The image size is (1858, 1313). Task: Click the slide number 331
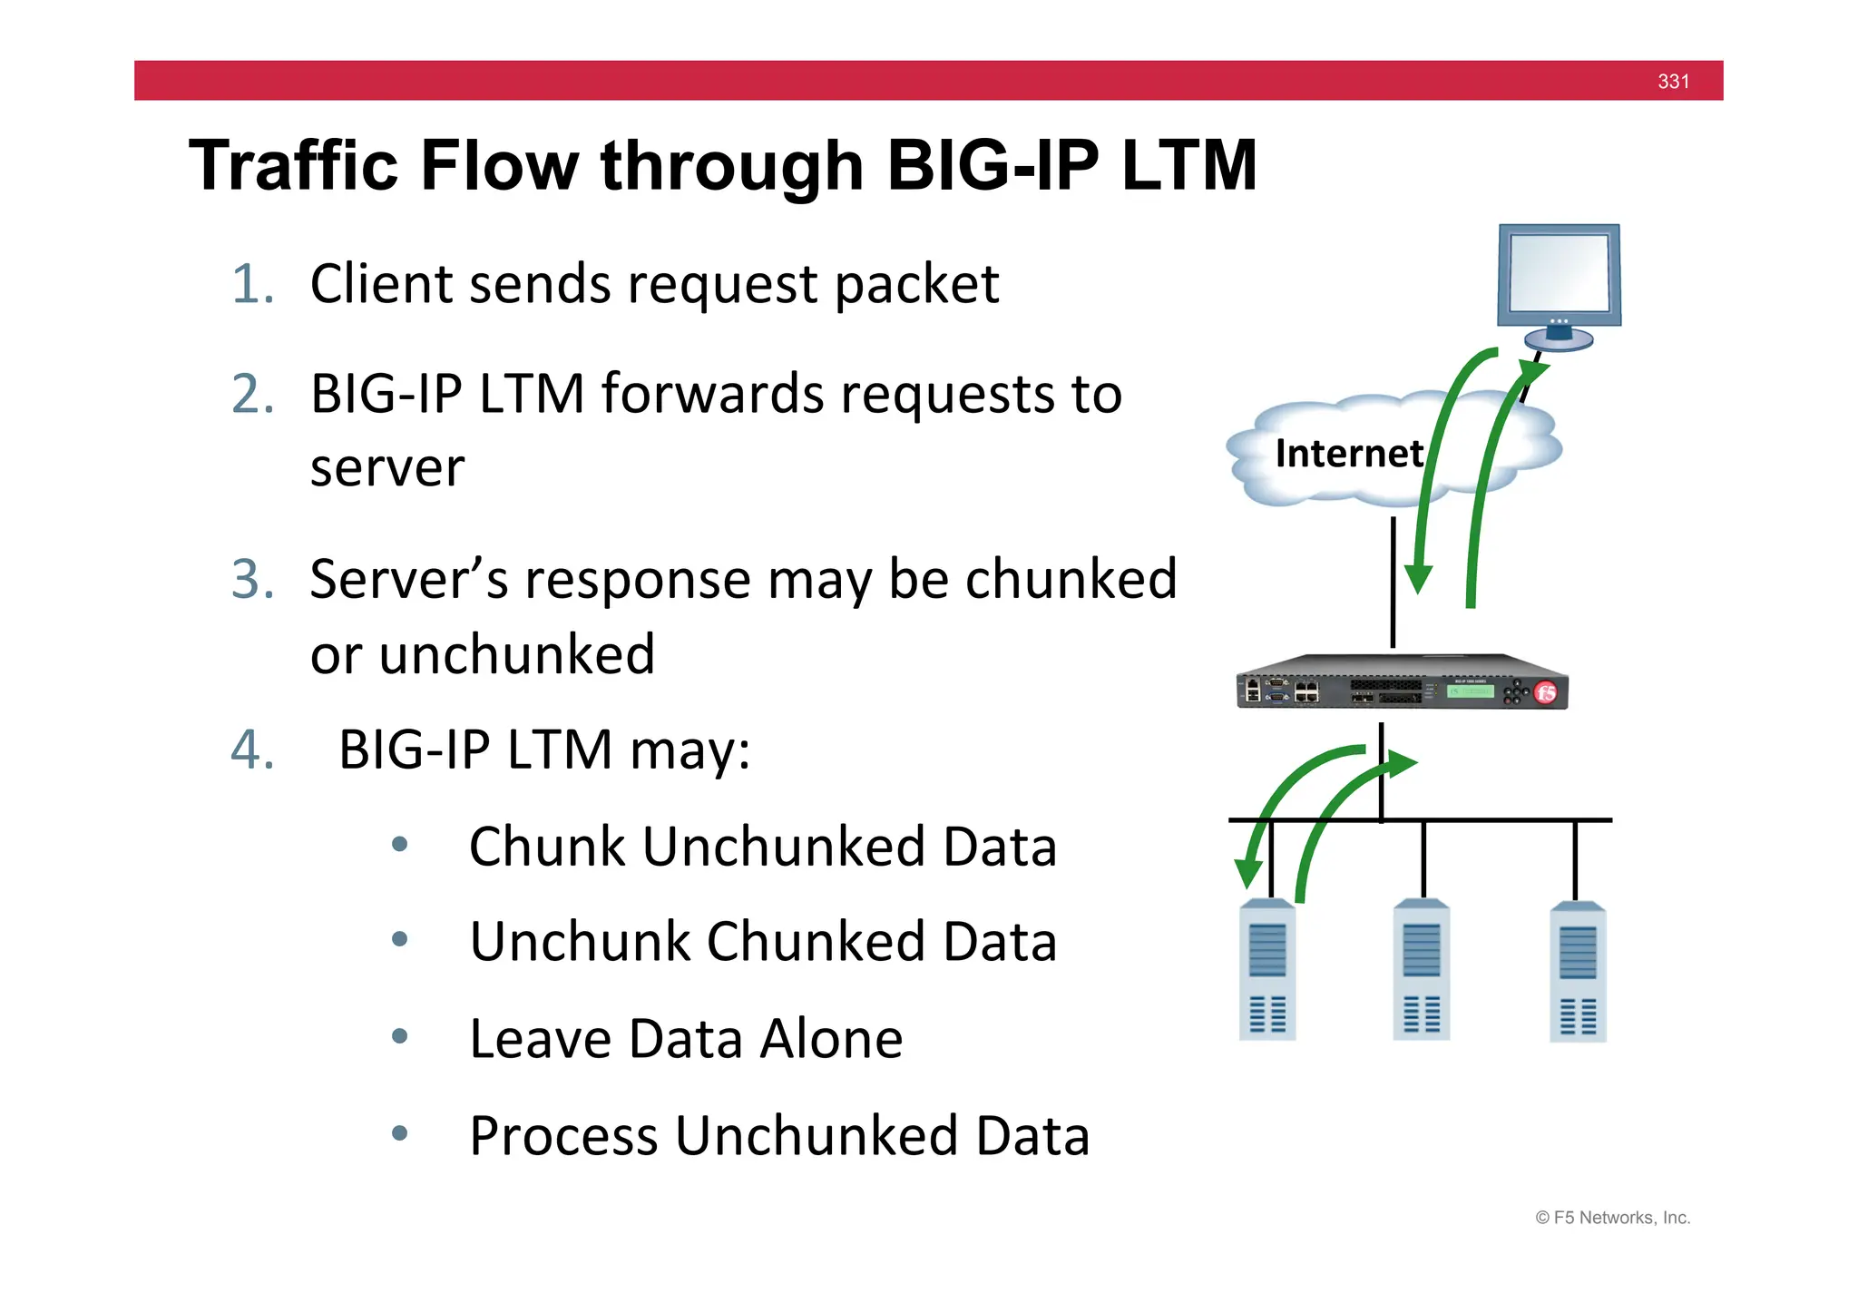coord(1673,82)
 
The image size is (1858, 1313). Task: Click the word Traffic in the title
coord(293,166)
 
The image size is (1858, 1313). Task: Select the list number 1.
coord(251,284)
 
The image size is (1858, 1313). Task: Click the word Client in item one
coord(381,284)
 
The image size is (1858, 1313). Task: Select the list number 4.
coord(251,750)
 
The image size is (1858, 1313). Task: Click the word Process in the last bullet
coord(562,1136)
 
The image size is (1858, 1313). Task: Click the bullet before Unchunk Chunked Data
coord(399,940)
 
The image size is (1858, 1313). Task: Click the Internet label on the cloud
coord(1348,454)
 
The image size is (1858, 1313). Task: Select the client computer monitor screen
coord(1559,272)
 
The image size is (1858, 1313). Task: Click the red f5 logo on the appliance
coord(1546,693)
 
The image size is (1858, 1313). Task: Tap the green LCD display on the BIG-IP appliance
coord(1470,691)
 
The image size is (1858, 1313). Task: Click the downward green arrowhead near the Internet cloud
coord(1418,579)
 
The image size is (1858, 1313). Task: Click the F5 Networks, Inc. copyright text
coord(1612,1218)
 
